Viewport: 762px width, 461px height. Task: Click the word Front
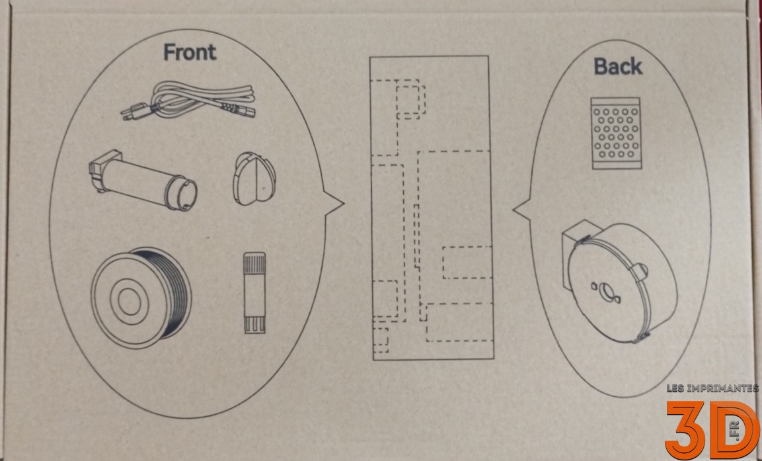tap(190, 52)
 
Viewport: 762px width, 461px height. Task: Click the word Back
tap(618, 66)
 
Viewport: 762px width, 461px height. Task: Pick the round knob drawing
tap(254, 179)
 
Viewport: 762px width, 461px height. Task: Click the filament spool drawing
tap(141, 298)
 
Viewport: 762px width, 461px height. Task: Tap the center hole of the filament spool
tap(130, 301)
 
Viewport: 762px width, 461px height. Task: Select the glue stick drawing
tap(254, 293)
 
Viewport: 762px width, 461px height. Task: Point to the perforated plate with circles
tap(616, 133)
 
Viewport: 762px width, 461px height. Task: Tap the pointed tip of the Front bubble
tap(344, 203)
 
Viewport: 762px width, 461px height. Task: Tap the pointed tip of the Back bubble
tap(514, 210)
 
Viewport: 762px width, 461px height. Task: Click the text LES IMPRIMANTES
tap(712, 388)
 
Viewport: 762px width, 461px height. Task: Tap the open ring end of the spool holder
tap(182, 194)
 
